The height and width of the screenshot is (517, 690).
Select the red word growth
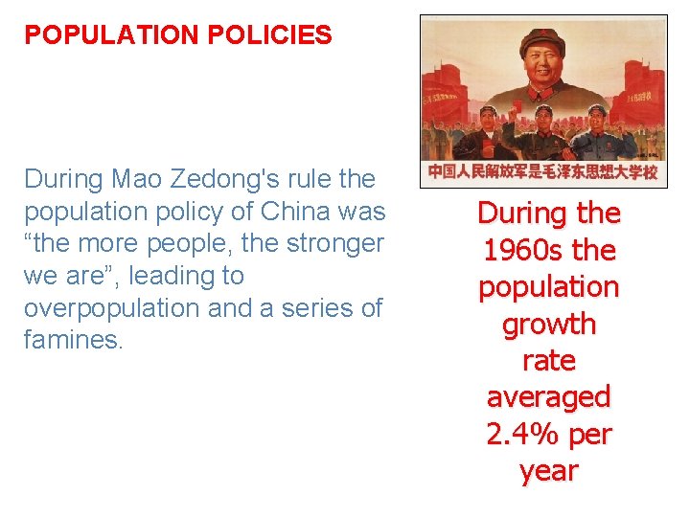tap(549, 324)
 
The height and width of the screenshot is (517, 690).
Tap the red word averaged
tap(549, 396)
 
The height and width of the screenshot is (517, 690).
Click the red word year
tap(549, 470)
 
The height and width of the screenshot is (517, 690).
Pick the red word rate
tap(549, 360)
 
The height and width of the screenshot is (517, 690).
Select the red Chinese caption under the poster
tap(542, 172)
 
